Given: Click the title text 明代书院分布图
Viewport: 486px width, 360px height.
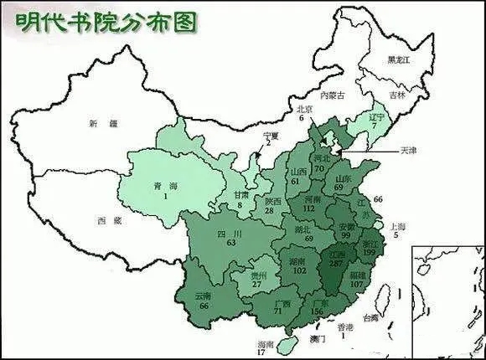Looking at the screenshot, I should (x=104, y=20).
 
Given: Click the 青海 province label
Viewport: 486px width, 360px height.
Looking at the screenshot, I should (x=153, y=186).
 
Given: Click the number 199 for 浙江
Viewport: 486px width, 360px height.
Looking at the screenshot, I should (x=370, y=252).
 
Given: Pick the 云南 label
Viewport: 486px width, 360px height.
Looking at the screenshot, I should (x=203, y=296).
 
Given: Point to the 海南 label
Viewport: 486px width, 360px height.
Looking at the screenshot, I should (x=265, y=344).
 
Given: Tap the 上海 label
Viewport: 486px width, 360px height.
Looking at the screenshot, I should (x=401, y=227).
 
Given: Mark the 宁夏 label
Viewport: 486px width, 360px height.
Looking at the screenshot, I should (x=269, y=135).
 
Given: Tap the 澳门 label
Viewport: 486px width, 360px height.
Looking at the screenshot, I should (x=318, y=339).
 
